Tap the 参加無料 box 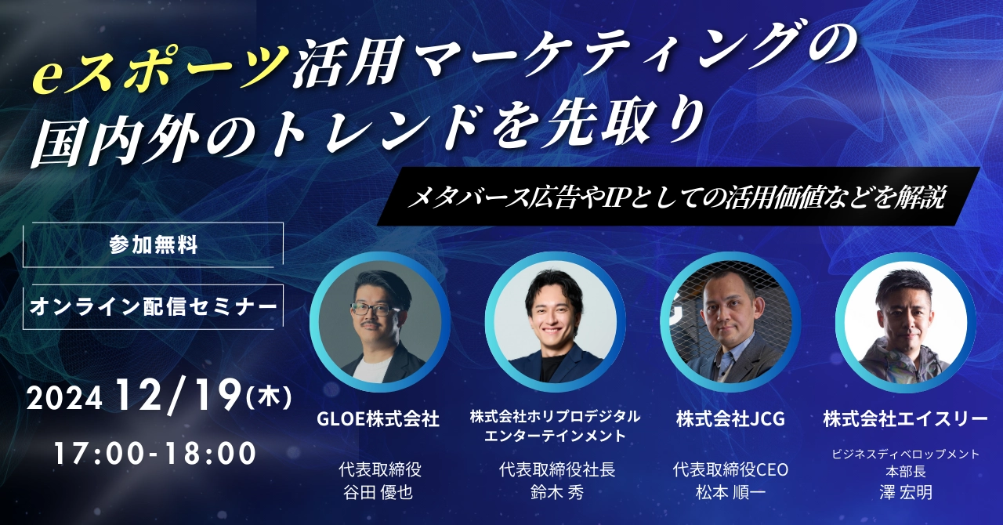click(153, 244)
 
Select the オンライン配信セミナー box click(153, 307)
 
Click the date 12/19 click(177, 395)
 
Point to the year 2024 click(64, 400)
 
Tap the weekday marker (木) click(269, 398)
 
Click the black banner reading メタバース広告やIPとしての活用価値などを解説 click(678, 196)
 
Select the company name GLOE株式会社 click(378, 419)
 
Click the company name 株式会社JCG click(730, 419)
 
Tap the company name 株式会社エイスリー click(905, 419)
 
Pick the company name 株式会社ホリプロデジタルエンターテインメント click(556, 426)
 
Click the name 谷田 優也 click(378, 493)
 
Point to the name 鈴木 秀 click(557, 493)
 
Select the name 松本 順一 click(730, 493)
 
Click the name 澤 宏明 click(905, 493)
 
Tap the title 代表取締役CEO click(730, 470)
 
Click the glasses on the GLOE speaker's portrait click(371, 309)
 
